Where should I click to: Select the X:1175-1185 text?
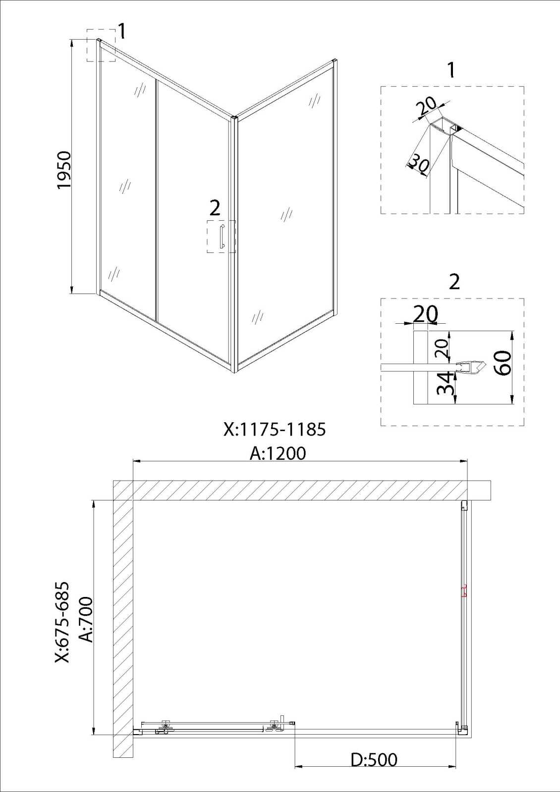tap(275, 430)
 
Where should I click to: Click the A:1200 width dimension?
tap(278, 453)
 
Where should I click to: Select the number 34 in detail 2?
tap(445, 383)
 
